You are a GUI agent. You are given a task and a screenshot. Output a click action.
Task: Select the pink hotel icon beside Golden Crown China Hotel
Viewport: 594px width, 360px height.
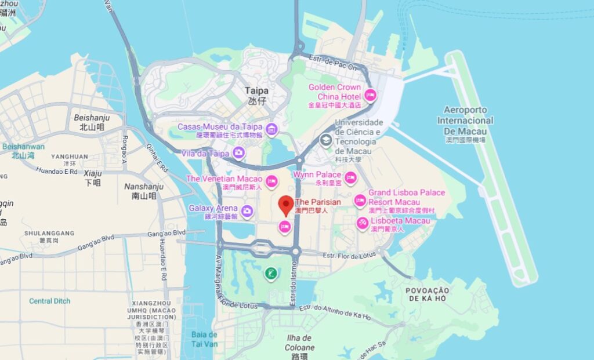(x=370, y=95)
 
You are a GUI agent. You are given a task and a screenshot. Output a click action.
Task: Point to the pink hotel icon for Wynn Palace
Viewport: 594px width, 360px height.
(x=350, y=177)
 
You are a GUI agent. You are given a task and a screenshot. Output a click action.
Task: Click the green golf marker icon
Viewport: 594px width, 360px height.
(x=270, y=273)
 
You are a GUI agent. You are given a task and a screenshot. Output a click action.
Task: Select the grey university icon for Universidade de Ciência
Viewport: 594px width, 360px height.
(x=327, y=139)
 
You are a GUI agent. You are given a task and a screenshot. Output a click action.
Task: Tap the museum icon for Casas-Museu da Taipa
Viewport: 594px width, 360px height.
(x=271, y=128)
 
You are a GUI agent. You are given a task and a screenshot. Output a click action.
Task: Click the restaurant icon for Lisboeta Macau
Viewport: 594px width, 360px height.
(x=363, y=223)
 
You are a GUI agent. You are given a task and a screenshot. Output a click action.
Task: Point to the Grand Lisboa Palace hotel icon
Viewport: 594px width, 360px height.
(x=360, y=201)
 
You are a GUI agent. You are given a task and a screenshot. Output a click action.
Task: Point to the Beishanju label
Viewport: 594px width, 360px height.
(x=92, y=118)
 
